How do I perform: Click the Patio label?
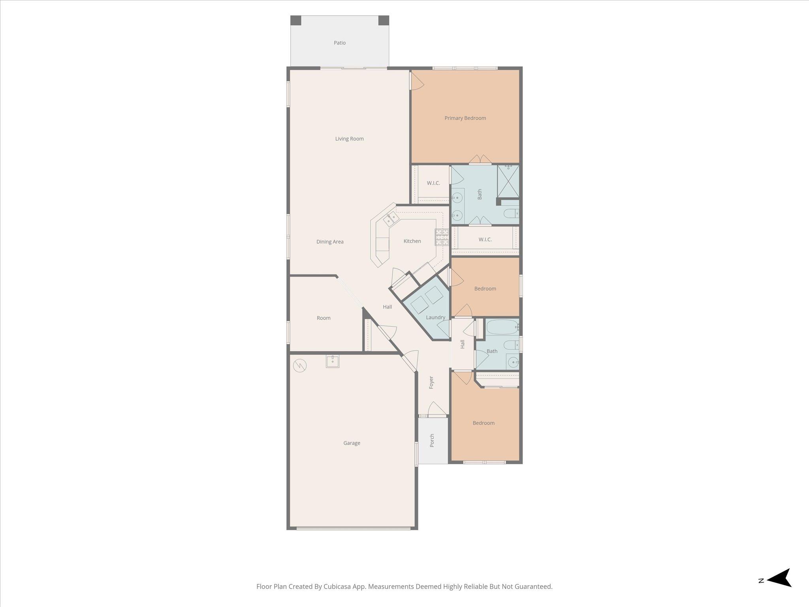[339, 43]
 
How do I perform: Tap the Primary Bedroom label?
[465, 118]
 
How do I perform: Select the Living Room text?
[349, 139]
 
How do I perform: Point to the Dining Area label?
[330, 242]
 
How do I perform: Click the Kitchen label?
[412, 241]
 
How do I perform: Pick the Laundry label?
[435, 317]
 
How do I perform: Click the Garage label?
[352, 443]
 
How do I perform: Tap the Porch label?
[432, 440]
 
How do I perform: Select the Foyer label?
[431, 382]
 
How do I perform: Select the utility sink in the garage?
[332, 361]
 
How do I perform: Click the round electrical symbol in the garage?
[300, 366]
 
